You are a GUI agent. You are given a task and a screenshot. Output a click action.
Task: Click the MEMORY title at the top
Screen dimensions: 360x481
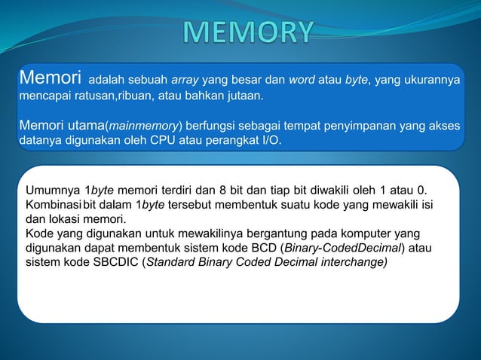pyautogui.click(x=248, y=32)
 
